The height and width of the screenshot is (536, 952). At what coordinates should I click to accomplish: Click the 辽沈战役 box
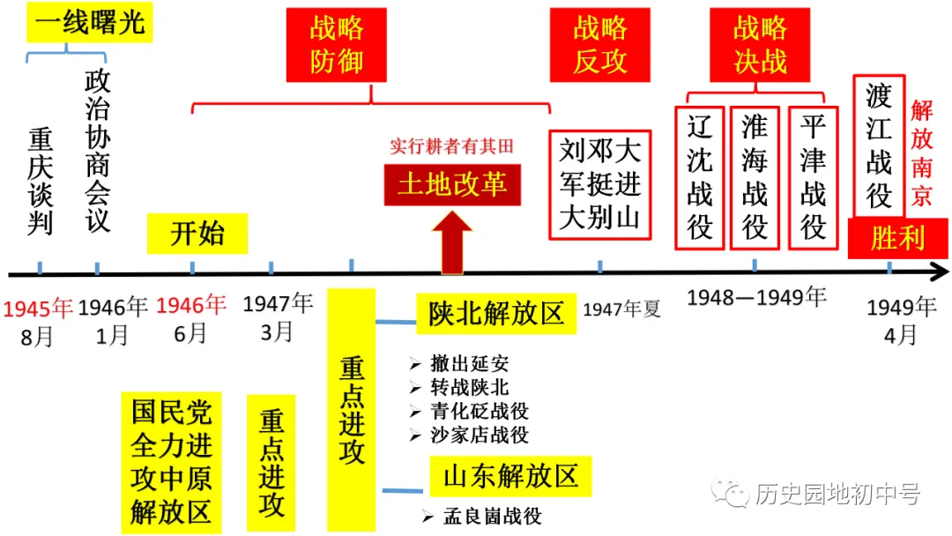pos(700,177)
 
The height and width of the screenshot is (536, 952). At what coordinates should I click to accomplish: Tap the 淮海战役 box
pos(755,177)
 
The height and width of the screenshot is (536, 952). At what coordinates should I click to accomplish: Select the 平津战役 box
pos(813,177)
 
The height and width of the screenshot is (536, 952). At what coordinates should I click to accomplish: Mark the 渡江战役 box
pos(879,145)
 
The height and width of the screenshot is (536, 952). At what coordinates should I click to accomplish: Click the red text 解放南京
pos(922,153)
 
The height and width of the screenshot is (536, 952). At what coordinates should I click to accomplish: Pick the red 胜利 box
pos(897,238)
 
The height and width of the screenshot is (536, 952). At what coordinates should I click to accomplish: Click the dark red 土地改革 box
pos(452,184)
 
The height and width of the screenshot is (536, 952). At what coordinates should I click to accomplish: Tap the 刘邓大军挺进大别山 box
pos(600,184)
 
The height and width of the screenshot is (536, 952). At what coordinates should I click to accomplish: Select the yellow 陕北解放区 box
pos(496,315)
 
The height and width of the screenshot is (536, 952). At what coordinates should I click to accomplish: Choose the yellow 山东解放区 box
pos(510,477)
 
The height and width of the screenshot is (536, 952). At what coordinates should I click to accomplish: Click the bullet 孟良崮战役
pos(481,517)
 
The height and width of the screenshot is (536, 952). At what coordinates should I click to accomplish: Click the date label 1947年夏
pos(621,309)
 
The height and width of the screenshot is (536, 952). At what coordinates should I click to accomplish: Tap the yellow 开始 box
pos(197,234)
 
